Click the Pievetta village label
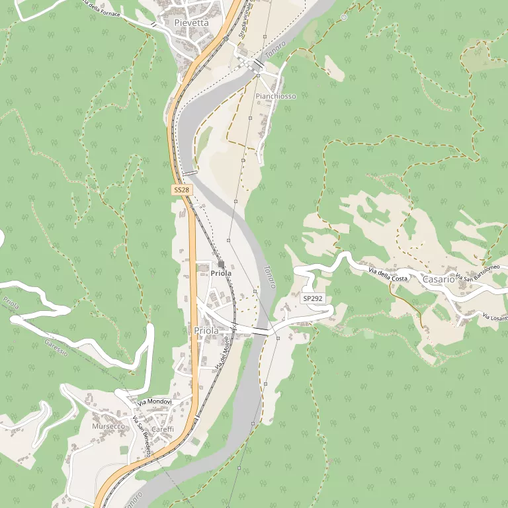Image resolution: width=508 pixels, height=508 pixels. point(191,22)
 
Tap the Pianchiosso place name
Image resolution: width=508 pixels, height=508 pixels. point(276,97)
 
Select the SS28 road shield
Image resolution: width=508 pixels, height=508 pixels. point(182,190)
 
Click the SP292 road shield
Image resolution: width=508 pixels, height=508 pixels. point(313,299)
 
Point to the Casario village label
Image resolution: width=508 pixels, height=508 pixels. point(439,279)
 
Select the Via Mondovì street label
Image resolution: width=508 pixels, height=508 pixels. point(155,402)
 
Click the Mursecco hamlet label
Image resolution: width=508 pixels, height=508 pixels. point(108,427)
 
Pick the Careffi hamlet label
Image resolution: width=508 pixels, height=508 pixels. point(163,429)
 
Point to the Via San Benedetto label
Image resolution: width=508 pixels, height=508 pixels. point(142,437)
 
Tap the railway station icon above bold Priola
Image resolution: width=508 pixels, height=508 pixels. point(221,264)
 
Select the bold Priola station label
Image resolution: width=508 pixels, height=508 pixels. point(221,273)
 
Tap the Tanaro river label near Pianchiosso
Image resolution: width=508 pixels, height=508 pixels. point(275,51)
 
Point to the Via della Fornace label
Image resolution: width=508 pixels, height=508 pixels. point(101,8)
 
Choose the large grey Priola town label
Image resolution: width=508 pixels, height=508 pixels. point(207,330)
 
